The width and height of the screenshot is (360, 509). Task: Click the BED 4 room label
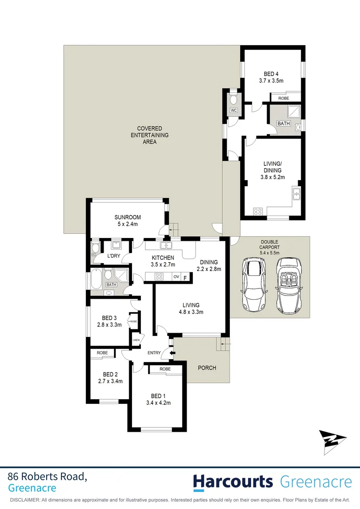tap(270, 77)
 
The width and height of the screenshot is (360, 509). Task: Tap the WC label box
tap(234, 111)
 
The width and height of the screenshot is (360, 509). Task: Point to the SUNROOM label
tap(127, 217)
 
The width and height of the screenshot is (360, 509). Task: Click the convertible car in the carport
tap(288, 288)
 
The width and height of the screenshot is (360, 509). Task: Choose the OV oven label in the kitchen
tap(177, 277)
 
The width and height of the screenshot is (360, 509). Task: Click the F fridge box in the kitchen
tap(185, 277)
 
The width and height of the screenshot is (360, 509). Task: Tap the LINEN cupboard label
tap(136, 340)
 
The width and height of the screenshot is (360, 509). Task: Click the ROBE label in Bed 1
tap(164, 369)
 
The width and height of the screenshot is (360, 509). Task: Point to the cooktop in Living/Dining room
tap(258, 212)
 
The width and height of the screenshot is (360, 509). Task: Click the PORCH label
tap(207, 367)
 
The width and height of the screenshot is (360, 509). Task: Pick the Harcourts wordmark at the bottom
tap(233, 482)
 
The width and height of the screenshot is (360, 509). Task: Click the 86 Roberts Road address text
tap(47, 476)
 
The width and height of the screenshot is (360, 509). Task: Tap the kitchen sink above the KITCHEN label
tap(165, 245)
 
